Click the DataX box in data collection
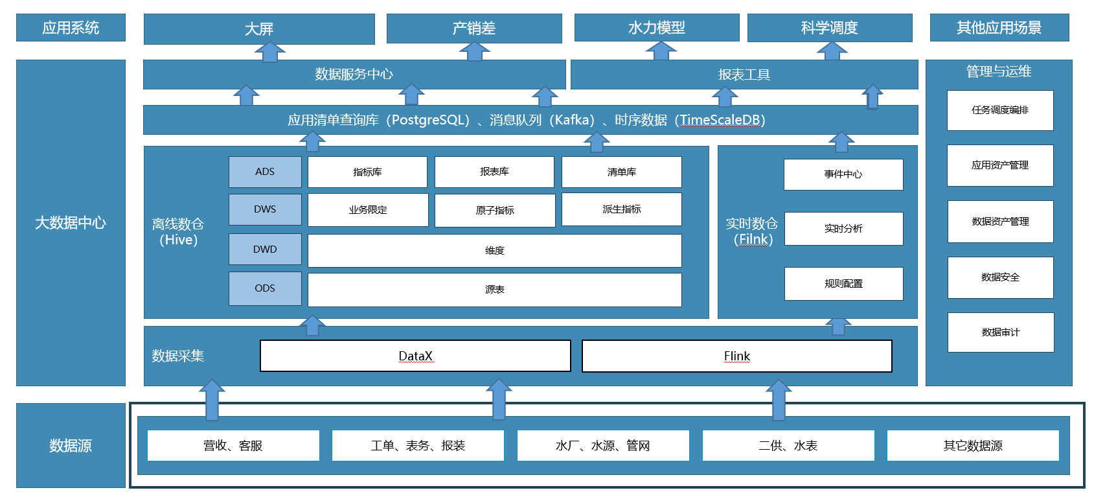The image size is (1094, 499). [415, 356]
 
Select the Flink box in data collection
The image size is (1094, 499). [736, 356]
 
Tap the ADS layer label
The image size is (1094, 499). [265, 172]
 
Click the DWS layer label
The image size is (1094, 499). [265, 209]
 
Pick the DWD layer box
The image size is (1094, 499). [265, 249]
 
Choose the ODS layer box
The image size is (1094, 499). [265, 288]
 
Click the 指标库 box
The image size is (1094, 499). [367, 172]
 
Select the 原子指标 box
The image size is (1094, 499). [495, 210]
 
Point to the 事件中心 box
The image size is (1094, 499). [843, 174]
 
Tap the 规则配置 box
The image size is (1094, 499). [843, 284]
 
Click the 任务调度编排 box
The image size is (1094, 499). [1000, 110]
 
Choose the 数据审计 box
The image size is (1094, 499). [1001, 332]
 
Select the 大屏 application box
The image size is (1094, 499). [259, 29]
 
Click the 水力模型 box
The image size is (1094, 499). [657, 28]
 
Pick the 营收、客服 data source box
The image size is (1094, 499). [233, 445]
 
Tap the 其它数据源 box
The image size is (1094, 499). [973, 445]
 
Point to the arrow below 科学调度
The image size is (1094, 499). [832, 51]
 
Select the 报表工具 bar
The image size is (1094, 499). [744, 75]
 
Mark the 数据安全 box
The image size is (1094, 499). [1001, 277]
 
